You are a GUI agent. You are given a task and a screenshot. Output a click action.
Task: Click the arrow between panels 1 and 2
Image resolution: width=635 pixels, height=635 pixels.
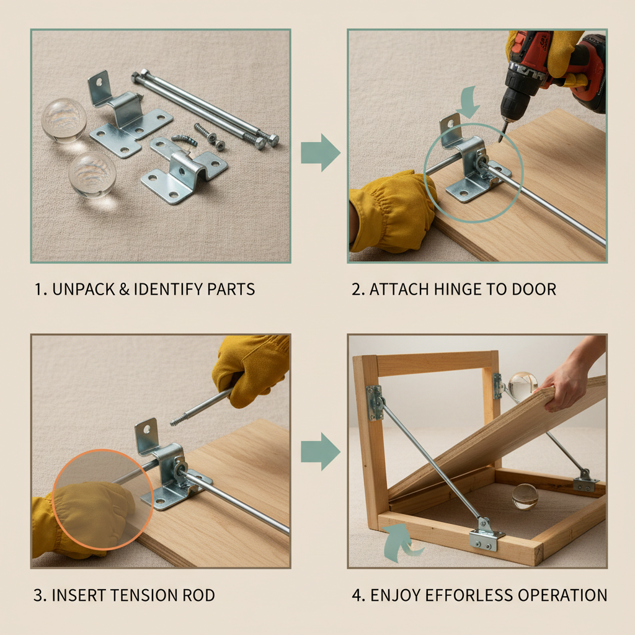[x=321, y=153]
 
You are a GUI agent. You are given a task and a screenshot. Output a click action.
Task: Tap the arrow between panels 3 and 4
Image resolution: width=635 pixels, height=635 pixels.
[x=321, y=451]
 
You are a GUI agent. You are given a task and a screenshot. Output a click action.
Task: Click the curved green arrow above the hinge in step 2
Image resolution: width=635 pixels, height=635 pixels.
[x=468, y=102]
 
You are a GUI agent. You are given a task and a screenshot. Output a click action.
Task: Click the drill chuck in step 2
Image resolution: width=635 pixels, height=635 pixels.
[x=510, y=106]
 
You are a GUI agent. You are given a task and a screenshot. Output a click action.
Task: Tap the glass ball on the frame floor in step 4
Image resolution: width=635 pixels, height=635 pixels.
[x=525, y=496]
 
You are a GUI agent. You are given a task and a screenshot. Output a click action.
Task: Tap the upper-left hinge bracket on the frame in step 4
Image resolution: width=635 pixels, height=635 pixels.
[x=375, y=402]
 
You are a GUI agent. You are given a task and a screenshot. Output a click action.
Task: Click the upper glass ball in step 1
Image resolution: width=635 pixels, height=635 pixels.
[x=64, y=120]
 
